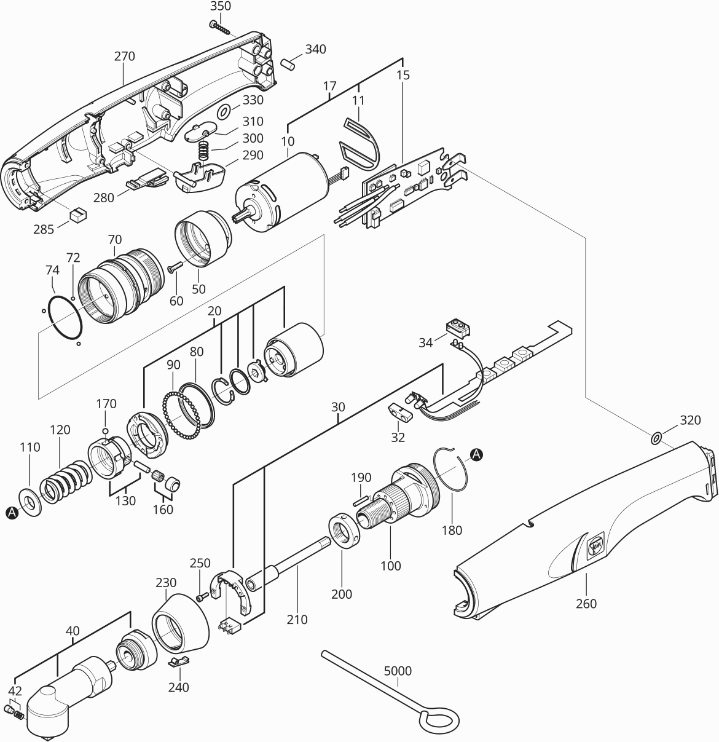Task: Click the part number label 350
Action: [x=221, y=7]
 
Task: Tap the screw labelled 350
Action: [x=220, y=27]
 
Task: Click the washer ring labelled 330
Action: [x=224, y=111]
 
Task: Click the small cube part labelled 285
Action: [x=78, y=215]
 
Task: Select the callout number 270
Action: [x=124, y=56]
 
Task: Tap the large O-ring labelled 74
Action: [x=65, y=317]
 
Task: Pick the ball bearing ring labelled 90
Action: [x=181, y=415]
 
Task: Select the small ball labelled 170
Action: [x=106, y=430]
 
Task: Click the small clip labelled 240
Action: [x=178, y=661]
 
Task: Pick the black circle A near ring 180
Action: [x=476, y=454]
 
